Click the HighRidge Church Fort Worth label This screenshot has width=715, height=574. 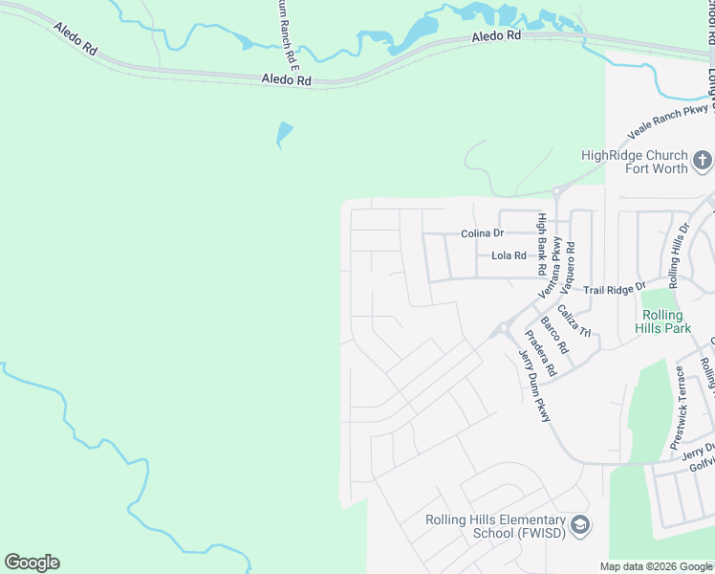click(635, 162)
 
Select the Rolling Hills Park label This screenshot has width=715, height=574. click(662, 321)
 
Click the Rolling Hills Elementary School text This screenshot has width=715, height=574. click(496, 526)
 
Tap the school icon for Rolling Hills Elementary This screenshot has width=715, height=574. click(580, 524)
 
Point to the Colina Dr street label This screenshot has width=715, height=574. click(482, 232)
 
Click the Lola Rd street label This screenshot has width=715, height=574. click(509, 256)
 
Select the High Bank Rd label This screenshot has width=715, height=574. click(541, 244)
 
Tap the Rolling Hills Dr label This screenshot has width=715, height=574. click(679, 255)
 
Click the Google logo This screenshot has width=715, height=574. click(32, 563)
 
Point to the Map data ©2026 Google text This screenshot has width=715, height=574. click(656, 566)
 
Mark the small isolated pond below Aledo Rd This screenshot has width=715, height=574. click(283, 134)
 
